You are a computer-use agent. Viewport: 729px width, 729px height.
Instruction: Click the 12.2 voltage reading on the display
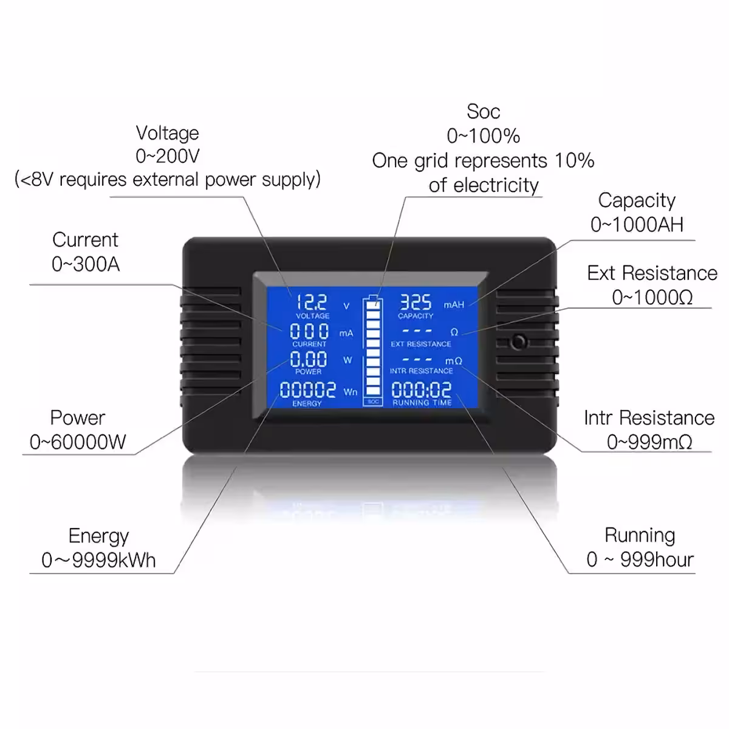click(x=312, y=302)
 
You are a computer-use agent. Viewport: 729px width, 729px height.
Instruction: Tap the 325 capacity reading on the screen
click(x=416, y=302)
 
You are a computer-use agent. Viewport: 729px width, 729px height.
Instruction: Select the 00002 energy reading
click(x=307, y=390)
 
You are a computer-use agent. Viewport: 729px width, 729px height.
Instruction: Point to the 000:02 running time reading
click(x=422, y=390)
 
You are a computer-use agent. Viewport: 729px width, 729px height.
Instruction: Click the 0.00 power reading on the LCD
click(x=309, y=359)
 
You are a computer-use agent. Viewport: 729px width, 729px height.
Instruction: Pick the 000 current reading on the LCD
click(x=309, y=332)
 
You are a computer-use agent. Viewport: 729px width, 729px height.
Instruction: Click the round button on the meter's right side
click(x=518, y=342)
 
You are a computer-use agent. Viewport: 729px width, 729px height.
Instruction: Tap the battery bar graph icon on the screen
click(x=373, y=349)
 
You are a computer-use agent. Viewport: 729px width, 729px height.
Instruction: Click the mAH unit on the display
click(x=454, y=304)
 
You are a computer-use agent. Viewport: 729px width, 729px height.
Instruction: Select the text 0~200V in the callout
click(x=168, y=156)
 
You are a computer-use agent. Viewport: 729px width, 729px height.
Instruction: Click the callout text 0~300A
click(x=86, y=264)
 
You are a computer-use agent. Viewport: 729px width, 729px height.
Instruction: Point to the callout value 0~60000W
click(x=78, y=442)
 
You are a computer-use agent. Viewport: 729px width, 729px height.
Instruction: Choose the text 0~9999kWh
click(x=98, y=560)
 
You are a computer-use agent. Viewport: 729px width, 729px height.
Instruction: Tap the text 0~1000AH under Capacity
click(x=637, y=224)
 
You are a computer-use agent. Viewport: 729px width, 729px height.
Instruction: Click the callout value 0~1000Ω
click(x=652, y=297)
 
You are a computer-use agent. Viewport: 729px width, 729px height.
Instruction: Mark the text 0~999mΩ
click(x=649, y=442)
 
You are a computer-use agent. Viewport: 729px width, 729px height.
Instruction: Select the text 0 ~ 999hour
click(x=640, y=560)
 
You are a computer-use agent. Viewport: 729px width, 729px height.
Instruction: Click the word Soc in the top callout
click(x=483, y=112)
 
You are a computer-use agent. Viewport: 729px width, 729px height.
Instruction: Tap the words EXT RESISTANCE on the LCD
click(x=421, y=344)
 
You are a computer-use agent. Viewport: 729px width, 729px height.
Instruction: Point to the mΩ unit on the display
click(x=454, y=361)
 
